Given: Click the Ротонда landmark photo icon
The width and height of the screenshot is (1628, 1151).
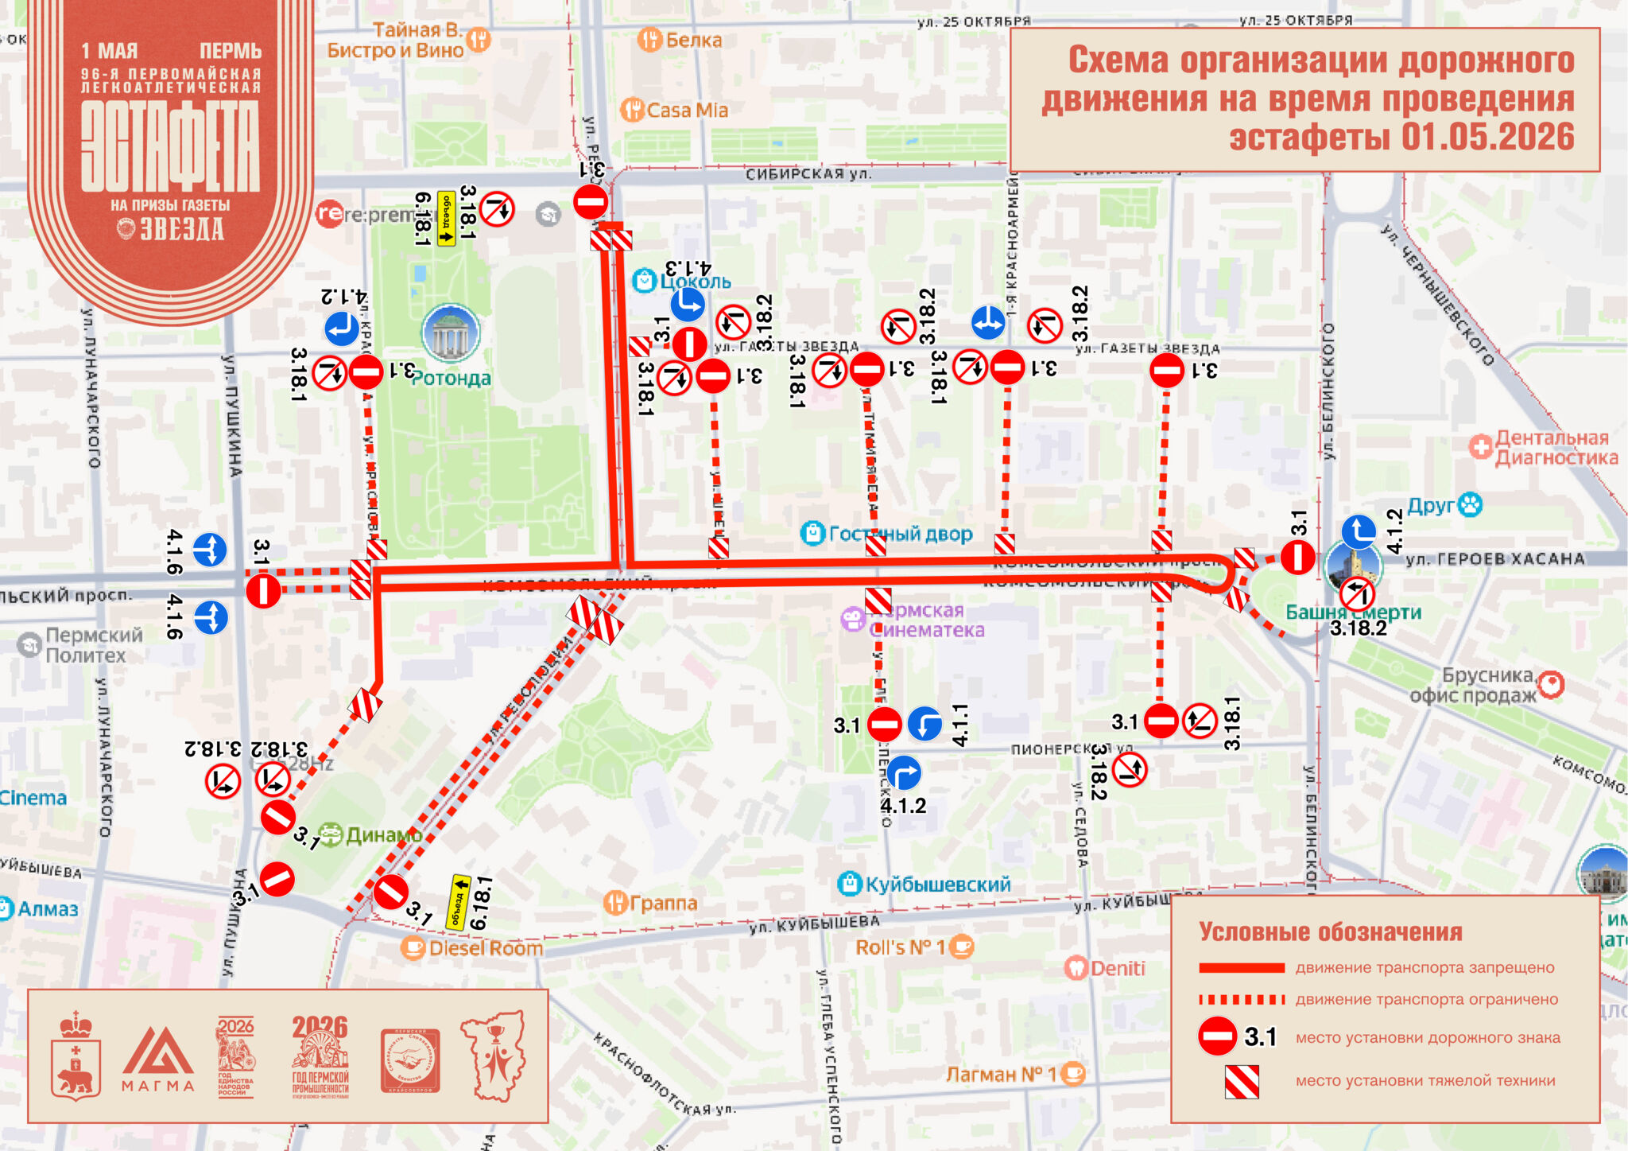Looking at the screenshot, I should pos(451,333).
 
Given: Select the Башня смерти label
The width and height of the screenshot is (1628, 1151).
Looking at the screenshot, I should pos(1353,612).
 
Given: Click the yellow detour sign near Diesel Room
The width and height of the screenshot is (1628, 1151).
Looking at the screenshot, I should pos(459,903).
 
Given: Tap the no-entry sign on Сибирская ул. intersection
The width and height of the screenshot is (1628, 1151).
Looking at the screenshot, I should pos(591,202).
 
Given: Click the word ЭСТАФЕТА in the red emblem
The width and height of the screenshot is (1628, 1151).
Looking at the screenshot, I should pos(170,148).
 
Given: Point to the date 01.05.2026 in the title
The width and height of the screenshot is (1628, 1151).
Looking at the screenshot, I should pos(1487,137).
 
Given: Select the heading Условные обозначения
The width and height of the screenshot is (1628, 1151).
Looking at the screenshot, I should pos(1330,931).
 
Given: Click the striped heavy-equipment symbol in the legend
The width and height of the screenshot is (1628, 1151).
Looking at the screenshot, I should pos(1241,1081).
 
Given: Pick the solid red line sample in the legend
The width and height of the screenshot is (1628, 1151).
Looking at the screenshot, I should pos(1241,968).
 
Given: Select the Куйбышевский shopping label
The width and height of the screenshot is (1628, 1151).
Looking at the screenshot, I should pos(936,884).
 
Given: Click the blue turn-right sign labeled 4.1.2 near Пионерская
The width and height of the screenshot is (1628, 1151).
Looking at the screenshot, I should pos(903,772).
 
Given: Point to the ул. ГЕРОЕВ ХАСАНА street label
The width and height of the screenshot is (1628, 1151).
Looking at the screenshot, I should pos(1494,558).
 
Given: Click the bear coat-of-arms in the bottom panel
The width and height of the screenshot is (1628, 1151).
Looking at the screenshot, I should pos(76,1058).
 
